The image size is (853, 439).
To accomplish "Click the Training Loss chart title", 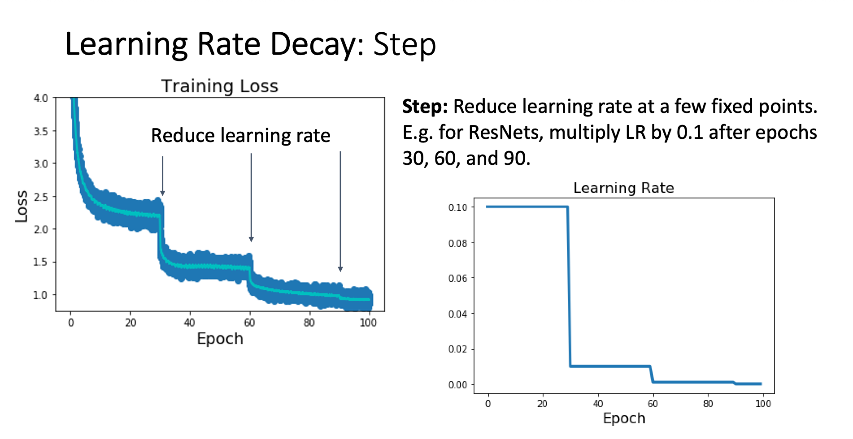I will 220,86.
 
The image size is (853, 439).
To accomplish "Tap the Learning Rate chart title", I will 623,188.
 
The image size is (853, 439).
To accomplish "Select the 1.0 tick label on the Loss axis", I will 40,295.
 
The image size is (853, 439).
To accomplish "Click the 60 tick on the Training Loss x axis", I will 249,323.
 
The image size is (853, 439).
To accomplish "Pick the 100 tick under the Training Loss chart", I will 368,323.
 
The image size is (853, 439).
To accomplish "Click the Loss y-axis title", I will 22,207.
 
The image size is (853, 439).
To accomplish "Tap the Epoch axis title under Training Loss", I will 220,339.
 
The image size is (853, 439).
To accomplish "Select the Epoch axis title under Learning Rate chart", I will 624,418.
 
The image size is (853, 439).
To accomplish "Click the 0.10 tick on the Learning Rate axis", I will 458,207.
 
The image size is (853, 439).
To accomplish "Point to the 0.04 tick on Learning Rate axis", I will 458,314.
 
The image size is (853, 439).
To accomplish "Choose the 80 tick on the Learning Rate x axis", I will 708,404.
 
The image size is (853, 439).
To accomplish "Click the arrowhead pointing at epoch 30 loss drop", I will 162,193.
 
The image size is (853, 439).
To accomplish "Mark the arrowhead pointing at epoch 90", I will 340,269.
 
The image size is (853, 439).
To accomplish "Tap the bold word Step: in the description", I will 425,107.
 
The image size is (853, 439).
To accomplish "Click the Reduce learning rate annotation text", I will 240,136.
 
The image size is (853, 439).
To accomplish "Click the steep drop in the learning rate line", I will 569,287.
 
